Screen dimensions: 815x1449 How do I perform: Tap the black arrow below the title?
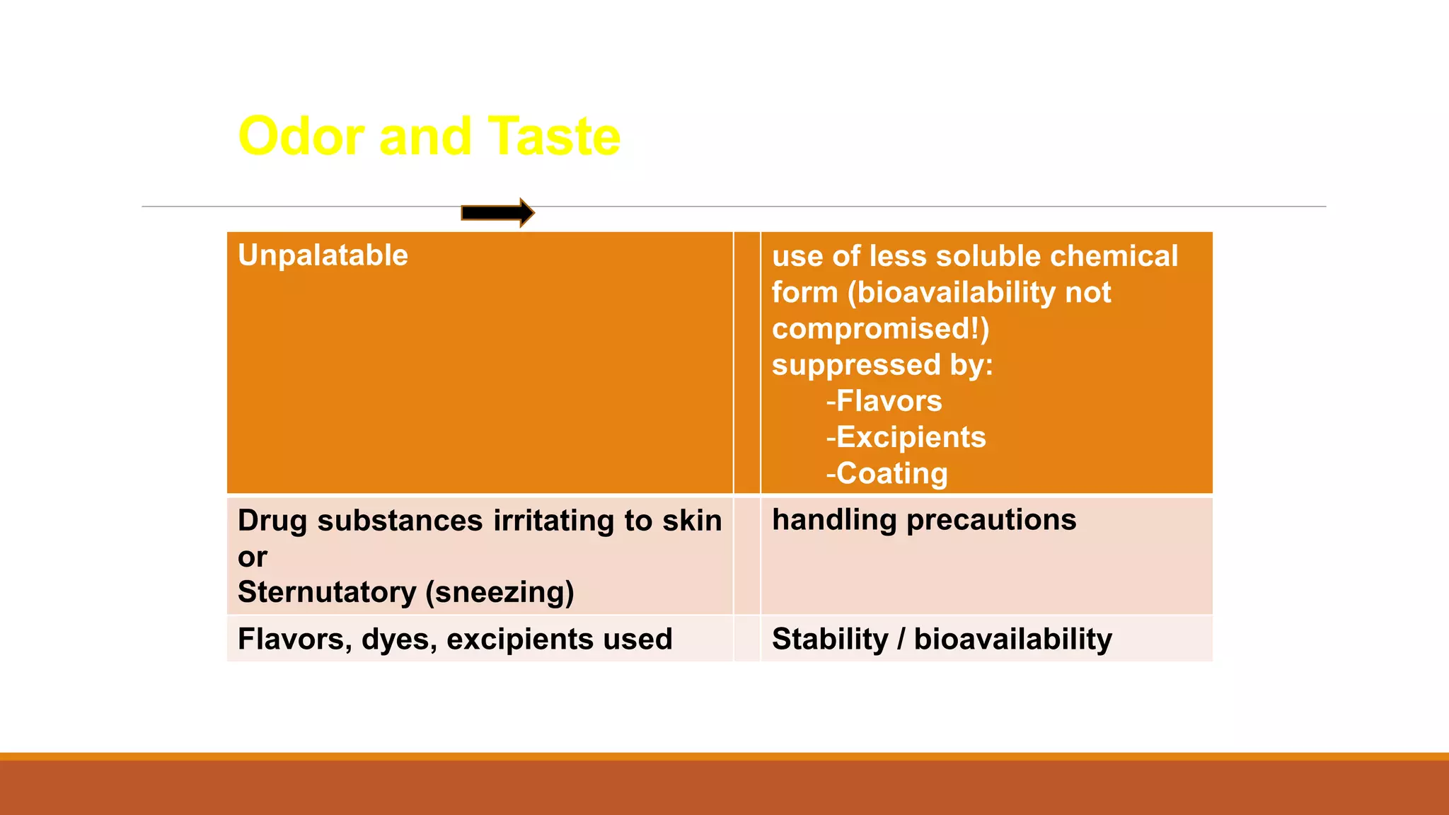(497, 212)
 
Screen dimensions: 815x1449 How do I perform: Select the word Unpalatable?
(323, 255)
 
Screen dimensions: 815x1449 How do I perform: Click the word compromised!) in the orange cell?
(880, 329)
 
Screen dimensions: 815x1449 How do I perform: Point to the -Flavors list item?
(884, 401)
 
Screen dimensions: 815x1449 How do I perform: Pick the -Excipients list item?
(906, 437)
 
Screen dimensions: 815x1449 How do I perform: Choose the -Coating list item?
(887, 473)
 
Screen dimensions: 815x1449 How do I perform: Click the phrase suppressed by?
(882, 365)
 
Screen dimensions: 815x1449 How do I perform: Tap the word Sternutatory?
(327, 592)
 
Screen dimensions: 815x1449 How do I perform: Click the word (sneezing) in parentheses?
(500, 592)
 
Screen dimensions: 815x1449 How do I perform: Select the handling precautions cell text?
(923, 520)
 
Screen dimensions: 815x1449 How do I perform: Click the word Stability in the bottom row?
(829, 640)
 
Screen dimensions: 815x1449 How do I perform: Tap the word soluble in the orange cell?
(988, 256)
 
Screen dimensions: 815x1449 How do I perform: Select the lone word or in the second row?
(252, 557)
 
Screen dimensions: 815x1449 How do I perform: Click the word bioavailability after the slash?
(1012, 640)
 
